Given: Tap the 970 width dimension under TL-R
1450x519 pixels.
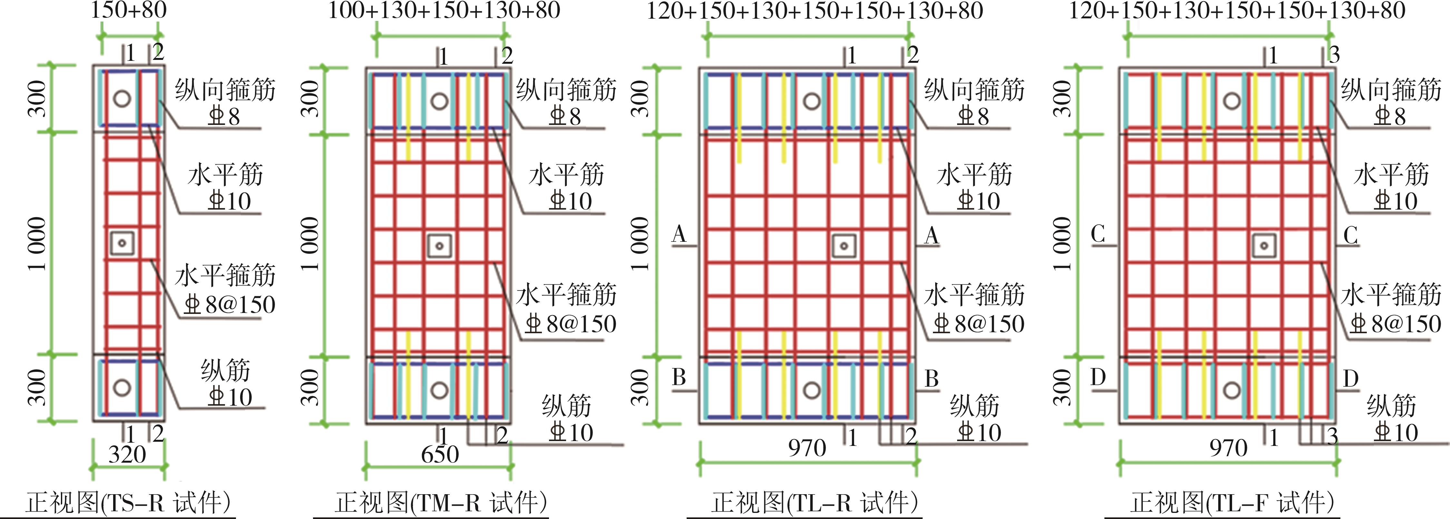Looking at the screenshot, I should coord(807,448).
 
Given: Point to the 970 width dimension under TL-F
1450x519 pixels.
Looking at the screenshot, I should coord(1228,448).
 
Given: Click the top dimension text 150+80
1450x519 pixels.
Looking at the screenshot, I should coord(129,10).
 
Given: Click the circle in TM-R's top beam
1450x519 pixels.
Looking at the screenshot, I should coord(439,101).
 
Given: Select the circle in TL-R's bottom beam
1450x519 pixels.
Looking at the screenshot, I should coord(811,390).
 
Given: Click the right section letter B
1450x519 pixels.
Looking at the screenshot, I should coord(932,378).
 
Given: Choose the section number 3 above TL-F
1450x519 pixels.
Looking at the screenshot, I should coord(1334,54).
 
